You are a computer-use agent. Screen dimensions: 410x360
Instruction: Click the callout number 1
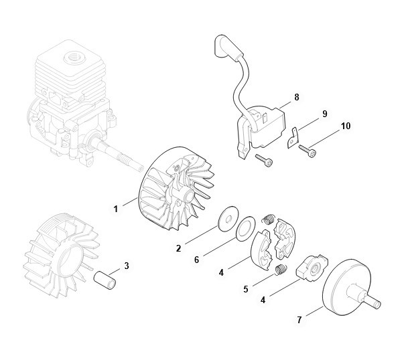pos(116,209)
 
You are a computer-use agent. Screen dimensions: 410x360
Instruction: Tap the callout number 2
pos(178,248)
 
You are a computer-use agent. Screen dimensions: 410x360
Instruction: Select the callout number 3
pos(127,266)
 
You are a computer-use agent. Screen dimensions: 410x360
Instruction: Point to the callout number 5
pos(245,289)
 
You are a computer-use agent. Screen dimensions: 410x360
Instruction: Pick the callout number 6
pos(197,260)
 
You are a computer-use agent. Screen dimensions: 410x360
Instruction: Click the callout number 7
pos(299,320)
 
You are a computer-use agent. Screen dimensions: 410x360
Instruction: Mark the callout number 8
pos(297,97)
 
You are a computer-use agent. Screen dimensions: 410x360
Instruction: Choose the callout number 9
pos(324,114)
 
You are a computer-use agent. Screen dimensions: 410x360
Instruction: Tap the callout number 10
pos(346,126)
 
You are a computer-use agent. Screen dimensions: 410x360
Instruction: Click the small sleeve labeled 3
pos(105,280)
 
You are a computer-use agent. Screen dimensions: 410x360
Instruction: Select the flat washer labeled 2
pos(228,219)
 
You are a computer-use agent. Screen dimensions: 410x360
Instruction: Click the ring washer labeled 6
pos(246,228)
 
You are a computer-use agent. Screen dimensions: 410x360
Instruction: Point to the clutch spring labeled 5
pos(281,270)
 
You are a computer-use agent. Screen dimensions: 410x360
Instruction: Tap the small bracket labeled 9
pos(293,138)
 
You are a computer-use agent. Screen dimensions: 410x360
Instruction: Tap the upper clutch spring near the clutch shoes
pos(269,218)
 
